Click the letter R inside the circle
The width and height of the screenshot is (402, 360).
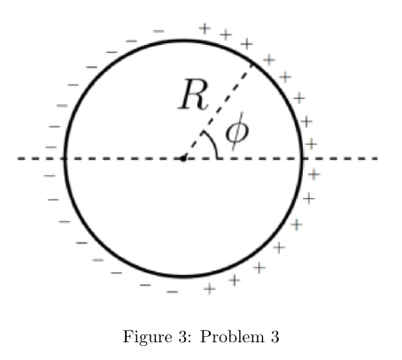(x=194, y=95)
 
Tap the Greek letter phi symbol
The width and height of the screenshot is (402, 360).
(x=237, y=131)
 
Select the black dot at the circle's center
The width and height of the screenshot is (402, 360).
(x=183, y=158)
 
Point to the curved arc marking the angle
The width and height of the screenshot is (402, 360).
(x=213, y=142)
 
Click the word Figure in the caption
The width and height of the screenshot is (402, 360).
(x=147, y=337)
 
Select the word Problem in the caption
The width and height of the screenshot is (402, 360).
(x=232, y=336)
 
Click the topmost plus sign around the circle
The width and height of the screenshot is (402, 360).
(x=205, y=29)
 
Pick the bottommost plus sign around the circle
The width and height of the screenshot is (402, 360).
(x=210, y=289)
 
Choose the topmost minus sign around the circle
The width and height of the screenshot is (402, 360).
(x=158, y=31)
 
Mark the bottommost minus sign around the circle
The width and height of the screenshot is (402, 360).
(x=173, y=292)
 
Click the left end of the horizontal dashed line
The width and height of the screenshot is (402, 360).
(x=18, y=158)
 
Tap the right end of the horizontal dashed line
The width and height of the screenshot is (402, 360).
(x=378, y=158)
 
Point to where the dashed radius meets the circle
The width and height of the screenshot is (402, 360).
(x=251, y=64)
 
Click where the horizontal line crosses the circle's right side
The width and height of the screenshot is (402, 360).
(x=302, y=158)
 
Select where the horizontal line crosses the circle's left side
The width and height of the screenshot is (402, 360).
(x=66, y=158)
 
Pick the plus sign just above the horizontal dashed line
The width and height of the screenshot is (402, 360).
(x=311, y=144)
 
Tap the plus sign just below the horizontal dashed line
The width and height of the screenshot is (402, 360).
(x=313, y=174)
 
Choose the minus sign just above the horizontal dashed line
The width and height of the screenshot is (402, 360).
(x=50, y=147)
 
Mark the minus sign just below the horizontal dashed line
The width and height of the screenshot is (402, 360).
(x=50, y=176)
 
